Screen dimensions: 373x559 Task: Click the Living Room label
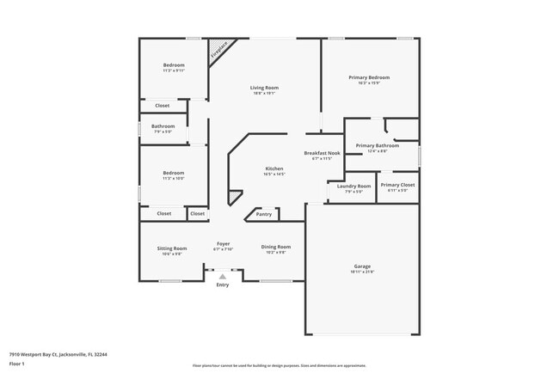tap(264, 88)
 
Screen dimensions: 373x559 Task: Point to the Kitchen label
tap(273, 168)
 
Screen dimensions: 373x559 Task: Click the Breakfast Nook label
tap(322, 153)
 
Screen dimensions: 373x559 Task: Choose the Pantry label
tap(263, 214)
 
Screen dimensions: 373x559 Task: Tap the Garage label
tap(362, 266)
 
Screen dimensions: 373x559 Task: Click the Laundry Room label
tap(353, 186)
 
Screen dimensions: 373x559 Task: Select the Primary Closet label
tap(397, 185)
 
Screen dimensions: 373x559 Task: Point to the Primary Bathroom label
tap(377, 146)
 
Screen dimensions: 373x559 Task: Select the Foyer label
tap(223, 244)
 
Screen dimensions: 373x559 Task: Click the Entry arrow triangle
tap(223, 276)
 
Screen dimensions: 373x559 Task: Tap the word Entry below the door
tap(223, 285)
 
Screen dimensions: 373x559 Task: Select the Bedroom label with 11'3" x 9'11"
tap(174, 65)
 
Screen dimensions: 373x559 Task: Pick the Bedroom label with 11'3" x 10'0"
tap(174, 173)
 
